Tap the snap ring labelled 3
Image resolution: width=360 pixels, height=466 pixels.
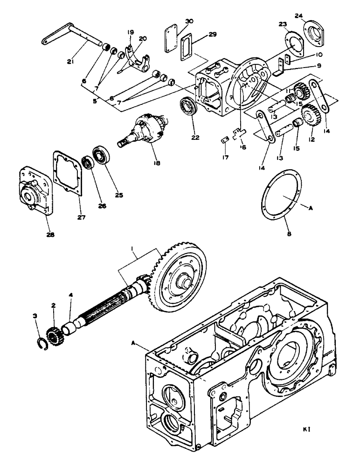pyautogui.click(x=41, y=346)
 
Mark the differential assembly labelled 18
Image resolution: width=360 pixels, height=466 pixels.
pyautogui.click(x=145, y=132)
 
